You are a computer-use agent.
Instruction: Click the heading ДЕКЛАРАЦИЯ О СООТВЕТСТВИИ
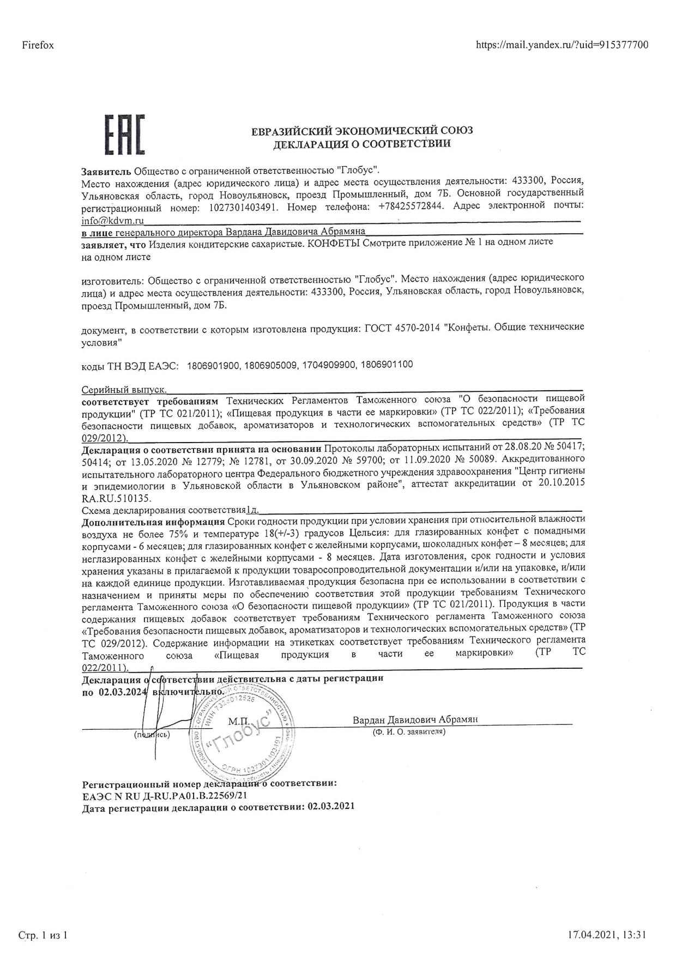pos(361,144)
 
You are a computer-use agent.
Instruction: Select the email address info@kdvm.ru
pos(112,220)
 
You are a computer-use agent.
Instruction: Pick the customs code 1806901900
pos(213,365)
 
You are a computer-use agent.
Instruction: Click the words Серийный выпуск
pos(124,390)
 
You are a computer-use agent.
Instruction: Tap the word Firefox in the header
pos(38,45)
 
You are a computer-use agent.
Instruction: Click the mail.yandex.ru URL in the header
pos(562,45)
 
